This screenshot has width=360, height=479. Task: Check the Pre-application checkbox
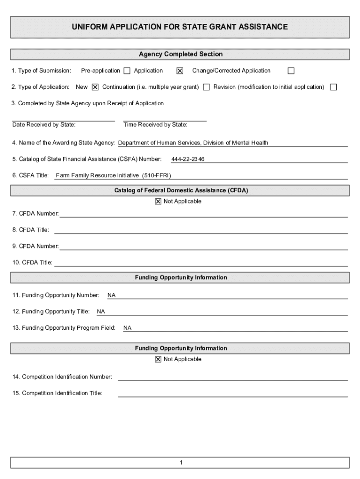point(127,71)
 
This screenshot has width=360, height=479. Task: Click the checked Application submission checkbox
point(180,71)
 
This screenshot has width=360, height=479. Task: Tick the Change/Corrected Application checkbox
point(291,71)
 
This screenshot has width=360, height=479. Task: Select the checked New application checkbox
point(95,87)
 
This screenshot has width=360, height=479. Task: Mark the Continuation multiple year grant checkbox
point(206,87)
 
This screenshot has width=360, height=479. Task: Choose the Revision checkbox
point(333,87)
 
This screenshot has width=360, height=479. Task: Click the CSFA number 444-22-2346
point(187,160)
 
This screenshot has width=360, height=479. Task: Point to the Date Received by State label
point(44,125)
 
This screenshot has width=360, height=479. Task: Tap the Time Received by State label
point(155,125)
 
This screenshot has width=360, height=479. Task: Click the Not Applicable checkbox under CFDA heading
point(158,202)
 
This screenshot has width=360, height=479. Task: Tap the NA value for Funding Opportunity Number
point(111,296)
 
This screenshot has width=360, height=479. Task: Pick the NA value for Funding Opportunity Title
point(101,312)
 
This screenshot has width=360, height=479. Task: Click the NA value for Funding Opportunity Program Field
point(127,328)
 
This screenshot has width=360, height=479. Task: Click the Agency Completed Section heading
point(180,54)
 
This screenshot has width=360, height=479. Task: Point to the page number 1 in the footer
point(180,463)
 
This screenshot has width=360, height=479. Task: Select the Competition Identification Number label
point(62,377)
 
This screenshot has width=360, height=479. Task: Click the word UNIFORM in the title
point(88,27)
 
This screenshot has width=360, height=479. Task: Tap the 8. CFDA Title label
point(30,230)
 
